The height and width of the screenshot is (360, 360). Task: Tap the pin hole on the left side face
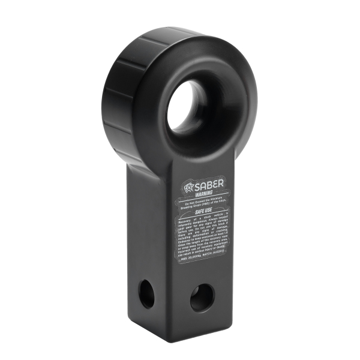click(x=147, y=294)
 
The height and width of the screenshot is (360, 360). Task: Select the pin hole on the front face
click(x=202, y=298)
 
